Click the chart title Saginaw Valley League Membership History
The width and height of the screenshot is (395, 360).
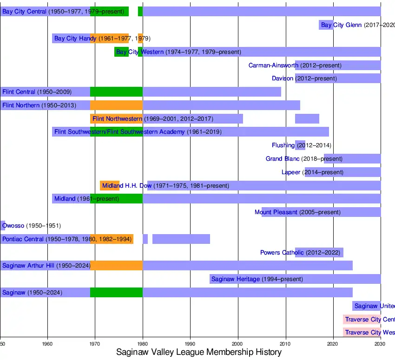[198, 352]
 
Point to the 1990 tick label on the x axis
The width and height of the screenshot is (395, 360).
[190, 344]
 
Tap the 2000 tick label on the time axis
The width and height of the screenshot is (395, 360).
[238, 344]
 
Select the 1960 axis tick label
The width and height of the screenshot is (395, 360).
[47, 344]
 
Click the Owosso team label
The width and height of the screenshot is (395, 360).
[13, 226]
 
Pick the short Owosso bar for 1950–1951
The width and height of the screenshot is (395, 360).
[2, 226]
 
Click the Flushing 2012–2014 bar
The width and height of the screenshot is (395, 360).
[300, 145]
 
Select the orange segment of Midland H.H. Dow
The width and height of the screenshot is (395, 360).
[110, 186]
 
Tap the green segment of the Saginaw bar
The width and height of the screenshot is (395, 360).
[116, 293]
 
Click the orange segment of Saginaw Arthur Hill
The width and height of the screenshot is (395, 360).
[116, 266]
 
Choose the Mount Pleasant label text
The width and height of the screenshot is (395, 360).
[276, 212]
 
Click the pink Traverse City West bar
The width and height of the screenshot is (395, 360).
[362, 333]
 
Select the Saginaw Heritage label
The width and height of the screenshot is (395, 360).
[235, 279]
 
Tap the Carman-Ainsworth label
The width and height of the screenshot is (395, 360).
[273, 65]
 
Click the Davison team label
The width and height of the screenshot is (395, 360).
[283, 79]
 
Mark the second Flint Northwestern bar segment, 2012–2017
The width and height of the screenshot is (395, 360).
[307, 119]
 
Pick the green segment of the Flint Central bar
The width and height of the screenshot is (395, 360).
[116, 92]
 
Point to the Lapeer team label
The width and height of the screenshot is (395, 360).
[291, 172]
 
